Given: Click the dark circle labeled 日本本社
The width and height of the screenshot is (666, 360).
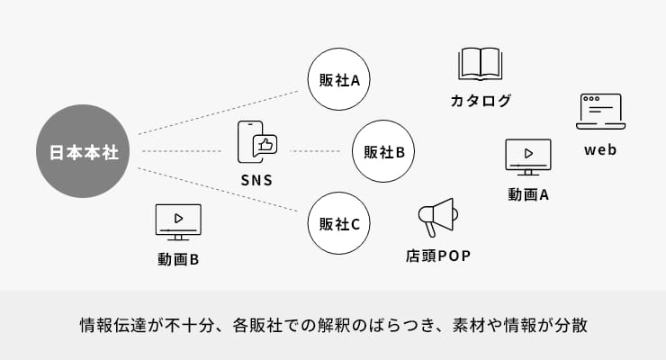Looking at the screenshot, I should (83, 151).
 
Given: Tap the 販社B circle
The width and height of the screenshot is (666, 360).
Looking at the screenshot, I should (384, 151).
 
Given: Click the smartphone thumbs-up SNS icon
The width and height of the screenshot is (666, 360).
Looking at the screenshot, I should (256, 142).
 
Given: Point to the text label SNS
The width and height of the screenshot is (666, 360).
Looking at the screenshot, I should (256, 179).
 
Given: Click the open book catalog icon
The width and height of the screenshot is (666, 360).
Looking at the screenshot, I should (480, 65).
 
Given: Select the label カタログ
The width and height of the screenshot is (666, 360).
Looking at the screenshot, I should (481, 101).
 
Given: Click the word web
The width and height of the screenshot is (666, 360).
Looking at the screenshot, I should (600, 149).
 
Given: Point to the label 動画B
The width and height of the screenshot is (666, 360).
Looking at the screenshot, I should (178, 259).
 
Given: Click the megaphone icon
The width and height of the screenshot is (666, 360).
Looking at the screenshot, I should (437, 217).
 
